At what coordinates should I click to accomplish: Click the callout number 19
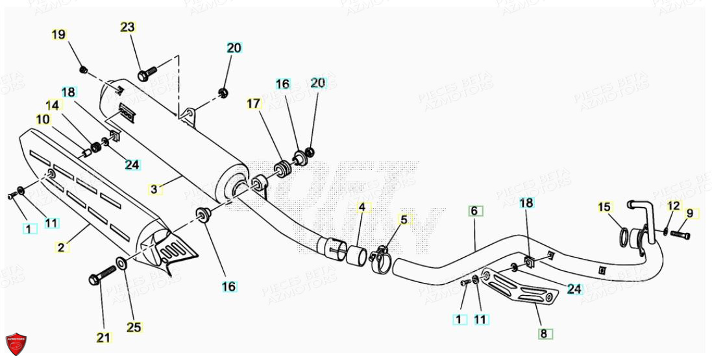(58, 35)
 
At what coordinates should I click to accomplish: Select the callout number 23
(128, 27)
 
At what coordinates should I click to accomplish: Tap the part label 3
(154, 189)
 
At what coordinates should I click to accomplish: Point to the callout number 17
(252, 104)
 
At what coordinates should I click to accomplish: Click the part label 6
(474, 211)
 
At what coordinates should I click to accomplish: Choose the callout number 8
(545, 334)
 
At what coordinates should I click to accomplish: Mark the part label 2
(62, 246)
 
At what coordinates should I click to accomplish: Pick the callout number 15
(605, 207)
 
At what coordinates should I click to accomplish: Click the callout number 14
(52, 104)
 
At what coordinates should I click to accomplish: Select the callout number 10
(43, 119)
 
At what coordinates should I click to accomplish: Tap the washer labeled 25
(121, 263)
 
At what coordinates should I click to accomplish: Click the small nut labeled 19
(83, 69)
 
